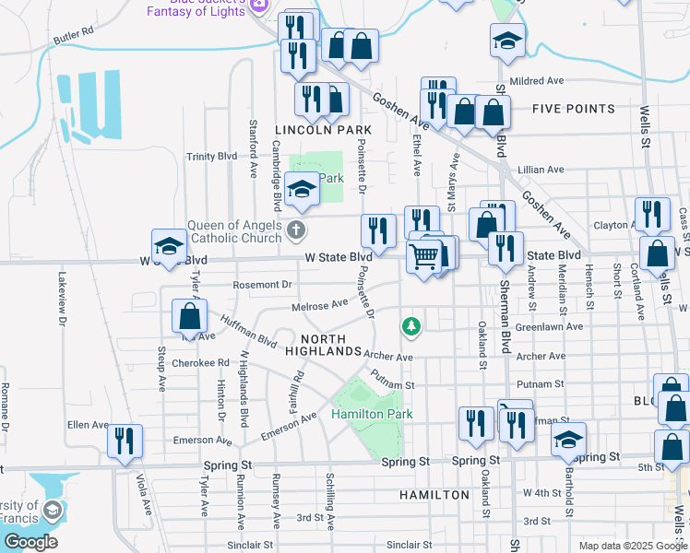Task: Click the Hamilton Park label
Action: tap(372, 415)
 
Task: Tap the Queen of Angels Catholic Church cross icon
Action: tap(295, 229)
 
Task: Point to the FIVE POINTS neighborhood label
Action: tap(573, 109)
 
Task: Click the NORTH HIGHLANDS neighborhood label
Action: tap(323, 346)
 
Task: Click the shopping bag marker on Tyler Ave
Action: tap(189, 316)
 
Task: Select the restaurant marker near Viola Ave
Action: tap(124, 440)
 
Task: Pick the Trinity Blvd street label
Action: tap(211, 157)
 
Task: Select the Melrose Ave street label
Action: tap(319, 303)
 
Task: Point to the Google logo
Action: tap(30, 542)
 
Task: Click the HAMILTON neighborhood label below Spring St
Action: tap(434, 495)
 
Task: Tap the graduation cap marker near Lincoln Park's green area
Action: tap(301, 189)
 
